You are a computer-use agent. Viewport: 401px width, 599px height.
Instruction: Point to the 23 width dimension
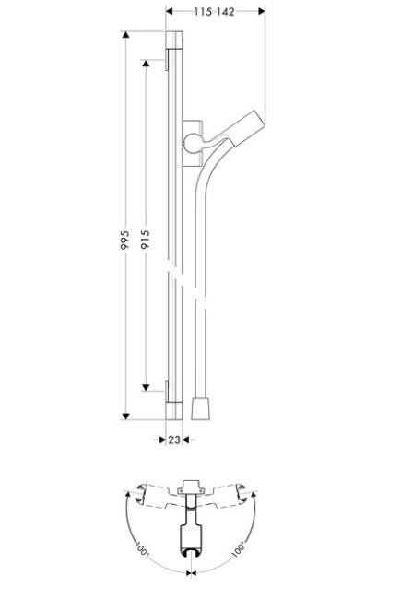tap(174, 441)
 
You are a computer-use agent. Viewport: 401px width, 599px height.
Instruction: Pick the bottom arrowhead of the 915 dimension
tap(146, 386)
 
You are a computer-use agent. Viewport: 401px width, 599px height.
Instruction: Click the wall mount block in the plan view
tap(191, 485)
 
